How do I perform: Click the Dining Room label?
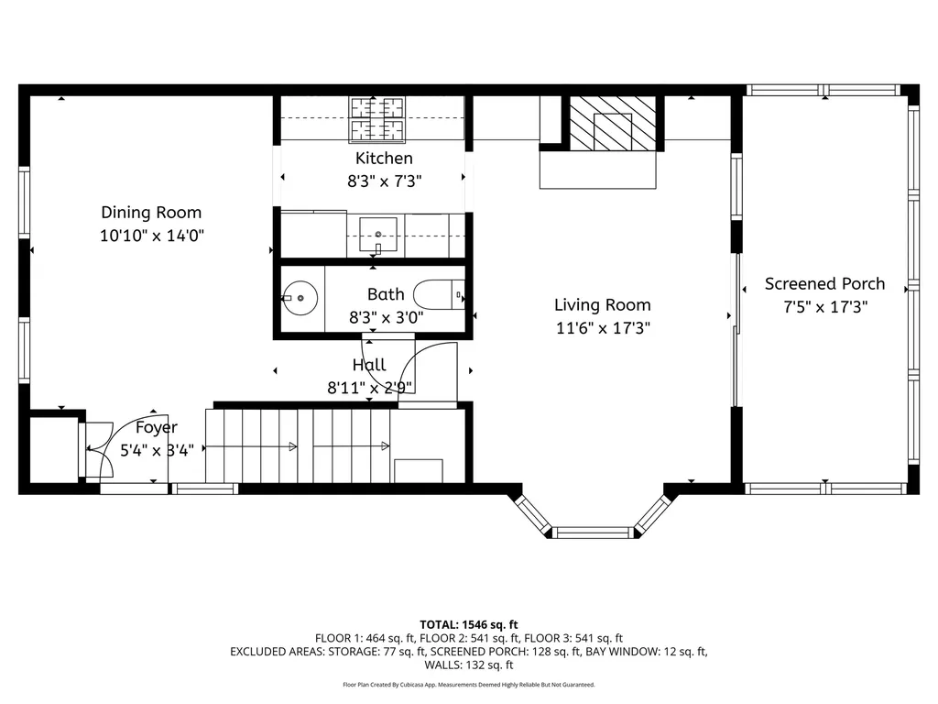tap(151, 213)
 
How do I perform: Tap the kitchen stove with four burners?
tap(376, 120)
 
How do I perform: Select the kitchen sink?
tap(376, 236)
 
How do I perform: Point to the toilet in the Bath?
tap(438, 296)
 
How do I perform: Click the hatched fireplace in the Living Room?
tap(613, 124)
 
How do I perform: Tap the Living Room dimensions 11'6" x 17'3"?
tap(602, 328)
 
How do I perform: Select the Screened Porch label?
tap(824, 283)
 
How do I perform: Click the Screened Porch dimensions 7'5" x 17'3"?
tap(824, 307)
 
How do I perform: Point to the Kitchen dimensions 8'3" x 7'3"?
tap(384, 181)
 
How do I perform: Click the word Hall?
tap(369, 365)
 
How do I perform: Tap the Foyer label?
tap(157, 427)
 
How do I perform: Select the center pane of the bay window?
tap(593, 532)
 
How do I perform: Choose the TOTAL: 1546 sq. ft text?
tap(468, 624)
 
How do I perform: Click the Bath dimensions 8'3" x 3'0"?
tap(385, 318)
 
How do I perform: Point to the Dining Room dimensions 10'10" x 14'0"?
tap(151, 236)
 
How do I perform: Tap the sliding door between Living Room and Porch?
tap(736, 330)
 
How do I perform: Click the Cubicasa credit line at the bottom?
tap(468, 685)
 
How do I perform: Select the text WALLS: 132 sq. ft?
tap(468, 665)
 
